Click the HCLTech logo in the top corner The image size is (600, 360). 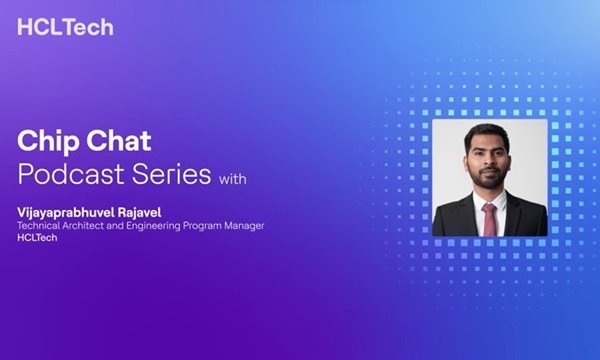tap(65, 27)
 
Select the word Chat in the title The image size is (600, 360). tap(119, 140)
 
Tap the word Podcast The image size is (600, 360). tap(71, 174)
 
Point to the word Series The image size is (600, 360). tap(171, 174)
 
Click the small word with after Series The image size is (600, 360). tap(233, 179)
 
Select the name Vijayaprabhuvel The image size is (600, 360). tap(64, 213)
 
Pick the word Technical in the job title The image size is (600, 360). tap(39, 226)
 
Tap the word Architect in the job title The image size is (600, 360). tap(83, 226)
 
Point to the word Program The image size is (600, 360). tap(202, 226)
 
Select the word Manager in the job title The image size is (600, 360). tap(245, 226)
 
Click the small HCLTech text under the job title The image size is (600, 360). tap(37, 238)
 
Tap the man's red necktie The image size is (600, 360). tap(490, 219)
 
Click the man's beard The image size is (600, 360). tap(487, 178)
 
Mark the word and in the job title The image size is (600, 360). tap(115, 226)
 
